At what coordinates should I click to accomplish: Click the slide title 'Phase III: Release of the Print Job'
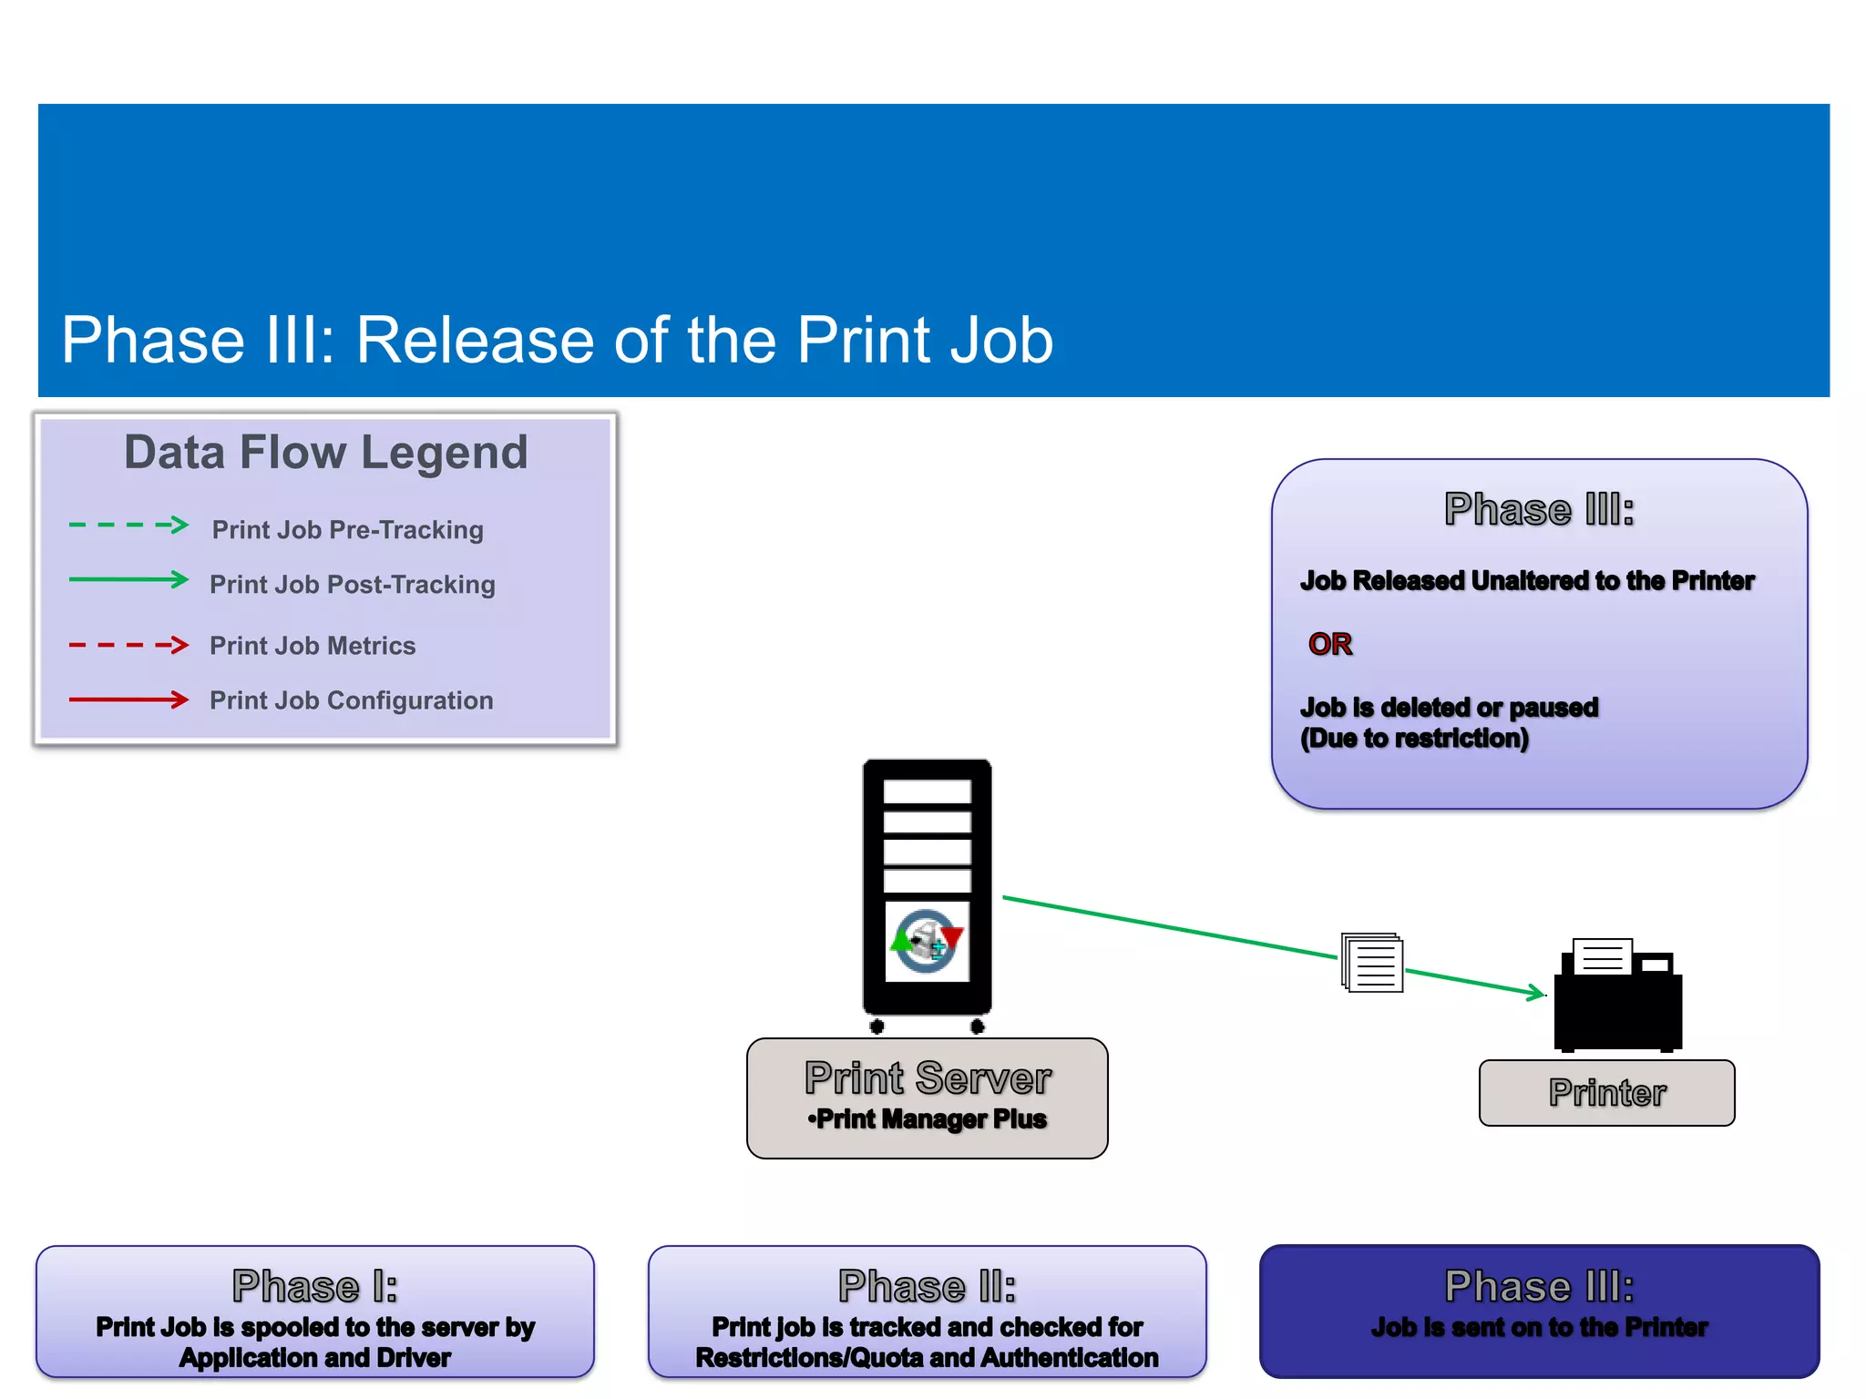tap(557, 341)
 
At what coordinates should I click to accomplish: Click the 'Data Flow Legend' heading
tap(325, 453)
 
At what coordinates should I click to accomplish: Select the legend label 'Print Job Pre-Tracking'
tap(347, 530)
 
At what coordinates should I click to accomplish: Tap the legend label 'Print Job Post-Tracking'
tap(353, 585)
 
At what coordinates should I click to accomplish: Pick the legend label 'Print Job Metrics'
tap(313, 646)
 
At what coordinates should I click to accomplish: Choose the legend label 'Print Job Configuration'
tap(352, 700)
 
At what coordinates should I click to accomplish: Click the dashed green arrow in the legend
tap(128, 526)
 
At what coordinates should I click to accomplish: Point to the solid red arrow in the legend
tap(128, 699)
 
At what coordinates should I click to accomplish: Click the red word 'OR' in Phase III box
tap(1329, 644)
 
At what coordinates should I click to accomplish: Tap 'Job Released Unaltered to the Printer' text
tap(1527, 581)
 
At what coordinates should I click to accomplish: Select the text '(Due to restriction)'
tap(1414, 739)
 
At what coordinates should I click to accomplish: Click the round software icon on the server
tap(927, 941)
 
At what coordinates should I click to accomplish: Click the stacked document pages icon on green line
tap(1372, 963)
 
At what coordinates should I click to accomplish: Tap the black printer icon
tap(1617, 997)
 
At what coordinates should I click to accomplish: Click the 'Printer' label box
tap(1606, 1092)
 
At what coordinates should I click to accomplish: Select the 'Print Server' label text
tap(928, 1078)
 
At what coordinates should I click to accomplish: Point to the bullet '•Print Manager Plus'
tap(928, 1119)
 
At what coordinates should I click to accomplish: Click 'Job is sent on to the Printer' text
tap(1539, 1328)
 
